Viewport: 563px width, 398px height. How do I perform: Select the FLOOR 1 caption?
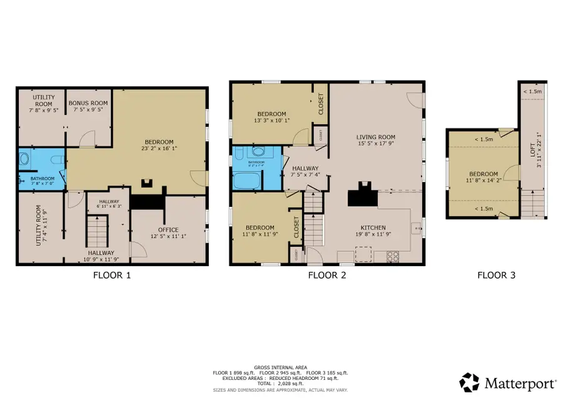pyautogui.click(x=112, y=274)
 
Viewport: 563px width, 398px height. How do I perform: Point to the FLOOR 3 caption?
pyautogui.click(x=496, y=274)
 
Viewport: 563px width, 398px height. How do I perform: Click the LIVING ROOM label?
pyautogui.click(x=376, y=137)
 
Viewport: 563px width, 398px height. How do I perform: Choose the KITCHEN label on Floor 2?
pyautogui.click(x=373, y=227)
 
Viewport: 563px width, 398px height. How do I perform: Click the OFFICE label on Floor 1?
pyautogui.click(x=168, y=228)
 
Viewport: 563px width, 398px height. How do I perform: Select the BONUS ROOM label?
pyautogui.click(x=88, y=102)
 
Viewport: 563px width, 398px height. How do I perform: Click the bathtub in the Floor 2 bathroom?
pyautogui.click(x=247, y=181)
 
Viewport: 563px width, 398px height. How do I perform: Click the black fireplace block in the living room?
pyautogui.click(x=362, y=195)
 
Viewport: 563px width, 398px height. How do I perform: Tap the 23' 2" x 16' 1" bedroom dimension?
pyautogui.click(x=159, y=149)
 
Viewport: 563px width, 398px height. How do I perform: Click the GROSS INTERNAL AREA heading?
pyautogui.click(x=281, y=367)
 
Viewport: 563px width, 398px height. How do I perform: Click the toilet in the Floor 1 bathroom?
pyautogui.click(x=24, y=159)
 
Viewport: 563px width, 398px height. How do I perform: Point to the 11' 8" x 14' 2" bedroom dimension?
pyautogui.click(x=484, y=181)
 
